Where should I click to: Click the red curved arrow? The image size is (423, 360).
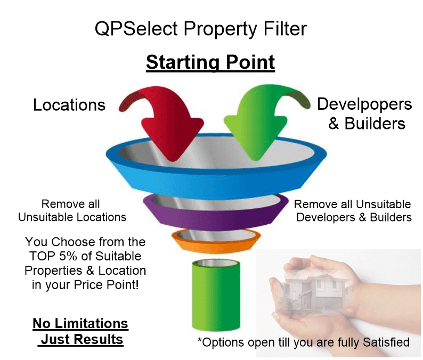click(x=167, y=121)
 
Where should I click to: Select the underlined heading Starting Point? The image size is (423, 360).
click(x=210, y=62)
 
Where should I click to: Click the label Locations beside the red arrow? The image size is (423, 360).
click(x=69, y=105)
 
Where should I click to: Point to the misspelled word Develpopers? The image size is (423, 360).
click(x=364, y=104)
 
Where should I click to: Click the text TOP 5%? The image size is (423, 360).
click(x=53, y=256)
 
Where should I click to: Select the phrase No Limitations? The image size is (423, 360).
click(x=80, y=323)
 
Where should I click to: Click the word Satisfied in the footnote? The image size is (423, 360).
click(x=386, y=342)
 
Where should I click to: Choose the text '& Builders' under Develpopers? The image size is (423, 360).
click(x=367, y=124)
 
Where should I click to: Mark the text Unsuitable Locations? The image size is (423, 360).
click(x=72, y=217)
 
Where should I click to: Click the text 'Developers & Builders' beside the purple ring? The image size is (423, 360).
click(x=354, y=217)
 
